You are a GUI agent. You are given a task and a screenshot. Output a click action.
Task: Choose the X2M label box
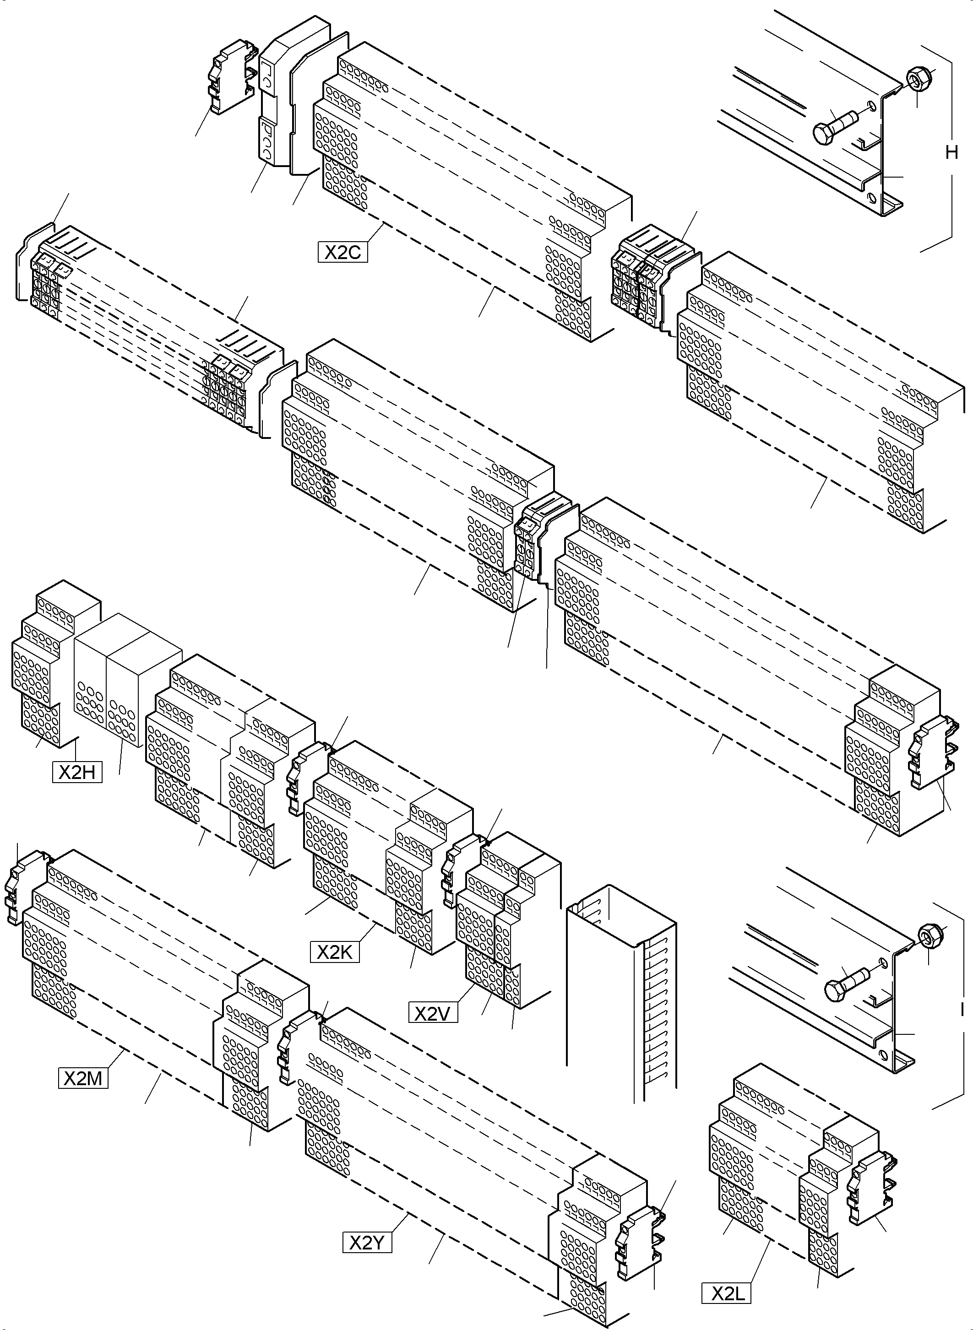tap(83, 1078)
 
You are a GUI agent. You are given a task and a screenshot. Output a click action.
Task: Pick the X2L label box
tap(726, 1293)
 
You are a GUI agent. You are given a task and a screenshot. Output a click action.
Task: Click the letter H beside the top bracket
tap(951, 152)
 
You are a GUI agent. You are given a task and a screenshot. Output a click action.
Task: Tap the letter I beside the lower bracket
tap(962, 1010)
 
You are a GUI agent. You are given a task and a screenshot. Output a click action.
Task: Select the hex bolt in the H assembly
tap(831, 127)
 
